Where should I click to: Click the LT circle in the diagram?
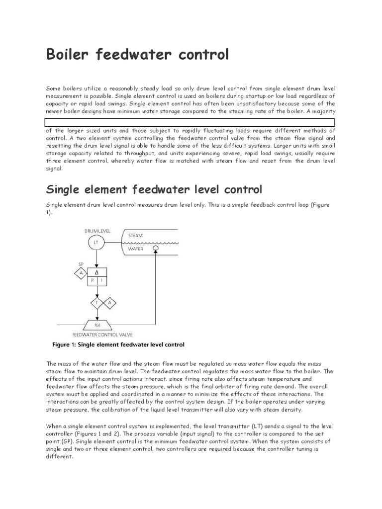click(x=96, y=243)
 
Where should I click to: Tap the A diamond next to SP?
click(x=80, y=273)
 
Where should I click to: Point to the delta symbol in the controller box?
click(x=96, y=273)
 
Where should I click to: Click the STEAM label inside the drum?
click(x=136, y=235)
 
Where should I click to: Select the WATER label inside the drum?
click(x=135, y=248)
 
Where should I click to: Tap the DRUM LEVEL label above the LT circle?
click(x=97, y=231)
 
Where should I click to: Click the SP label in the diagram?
click(x=81, y=263)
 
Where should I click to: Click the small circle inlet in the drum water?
click(x=155, y=248)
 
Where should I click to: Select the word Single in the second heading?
click(x=64, y=189)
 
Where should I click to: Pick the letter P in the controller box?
click(x=92, y=281)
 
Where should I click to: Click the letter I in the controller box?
click(x=101, y=281)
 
